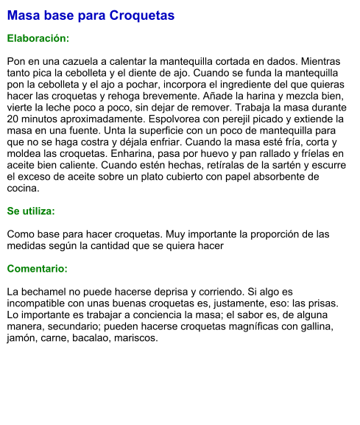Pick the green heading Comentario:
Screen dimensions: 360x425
coord(37,268)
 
